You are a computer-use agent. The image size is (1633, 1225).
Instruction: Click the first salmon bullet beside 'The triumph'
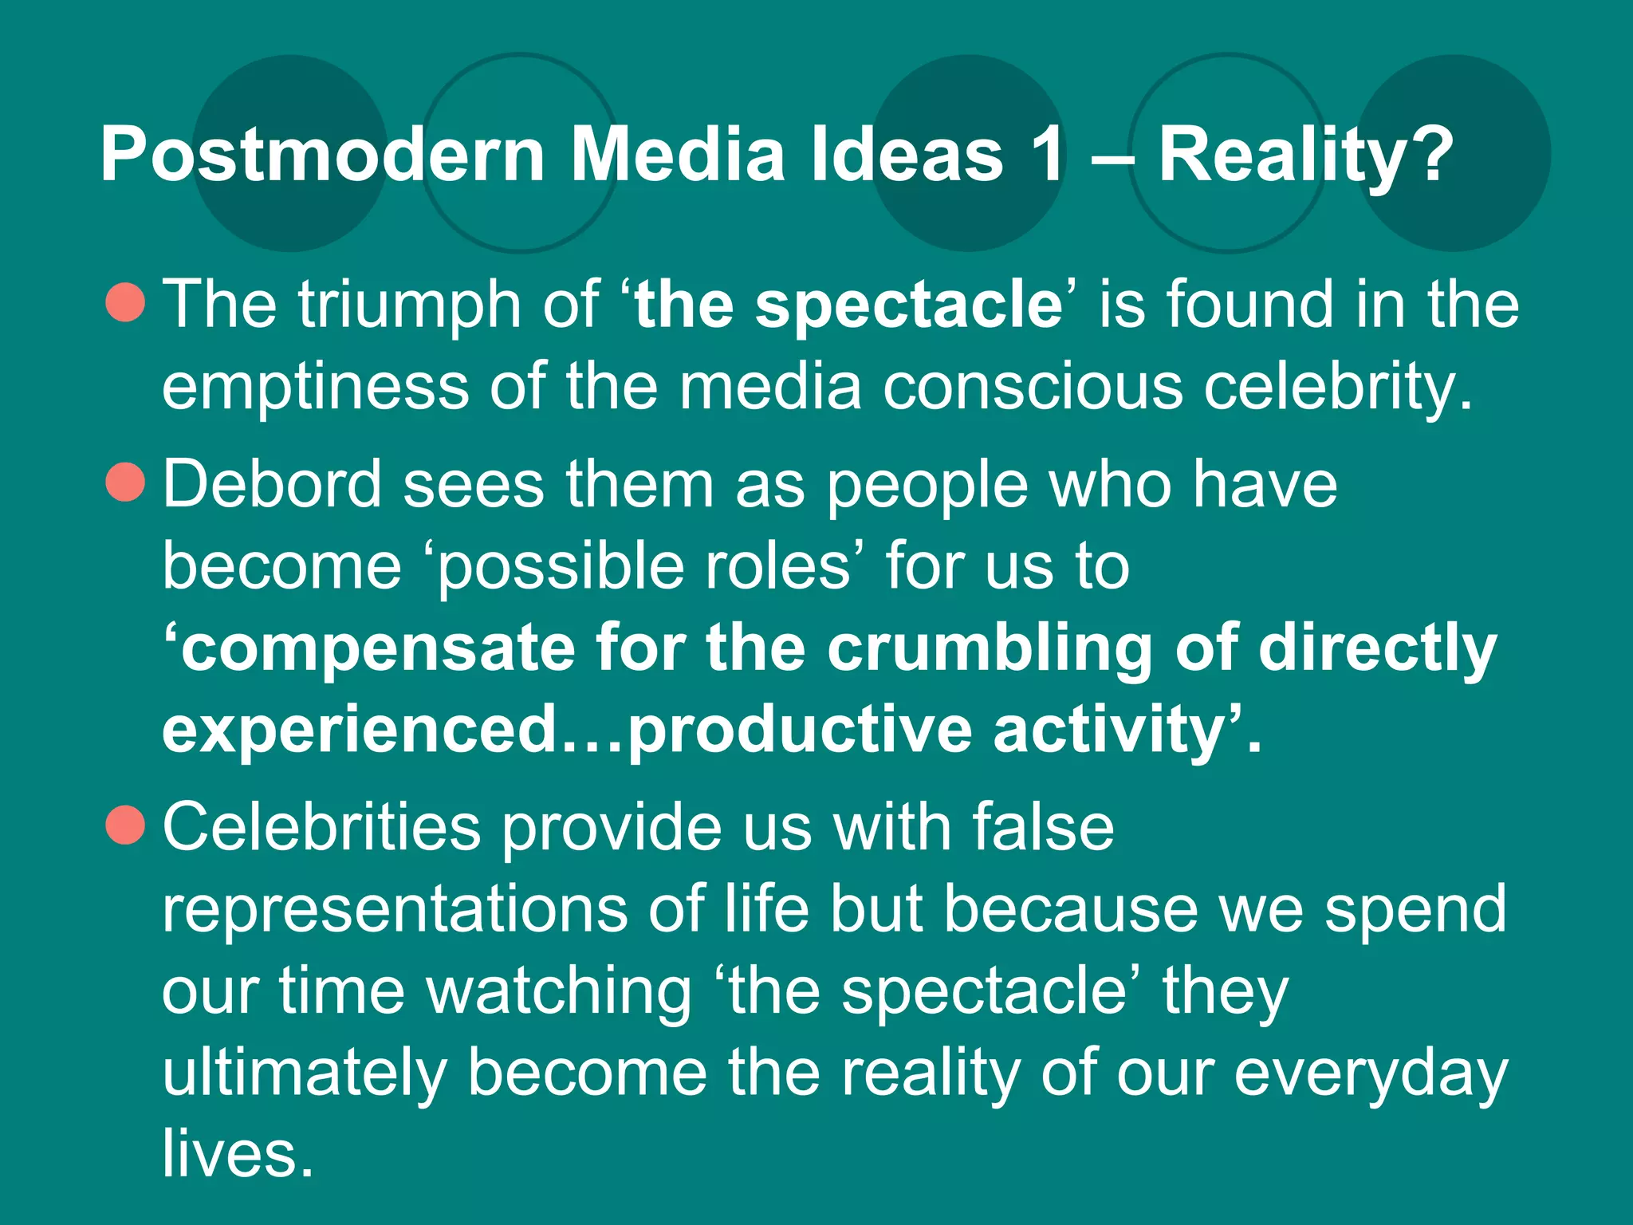(125, 303)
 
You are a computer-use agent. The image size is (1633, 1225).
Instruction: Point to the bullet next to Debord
(125, 483)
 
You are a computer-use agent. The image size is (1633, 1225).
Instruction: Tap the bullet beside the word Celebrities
(125, 825)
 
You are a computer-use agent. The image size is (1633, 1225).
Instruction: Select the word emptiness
(315, 387)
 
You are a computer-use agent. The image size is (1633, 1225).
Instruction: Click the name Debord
(272, 484)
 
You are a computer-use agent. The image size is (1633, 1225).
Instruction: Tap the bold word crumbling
(990, 648)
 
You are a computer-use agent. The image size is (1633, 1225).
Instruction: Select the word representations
(395, 909)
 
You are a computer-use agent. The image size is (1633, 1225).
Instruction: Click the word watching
(559, 991)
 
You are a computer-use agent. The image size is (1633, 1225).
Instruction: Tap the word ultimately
(304, 1073)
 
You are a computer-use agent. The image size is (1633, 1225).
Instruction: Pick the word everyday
(1371, 1073)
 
